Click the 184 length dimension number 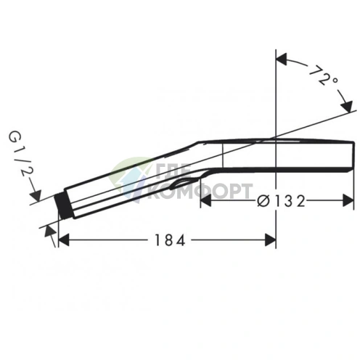(170, 240)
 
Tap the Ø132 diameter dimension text (281, 200)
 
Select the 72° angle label (322, 75)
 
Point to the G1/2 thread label (20, 153)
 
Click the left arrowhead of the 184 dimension (64, 240)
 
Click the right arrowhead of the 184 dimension (270, 240)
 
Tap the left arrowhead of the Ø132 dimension (206, 200)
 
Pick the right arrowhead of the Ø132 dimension (348, 200)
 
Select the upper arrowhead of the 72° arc (282, 59)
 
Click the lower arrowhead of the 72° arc (346, 106)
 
